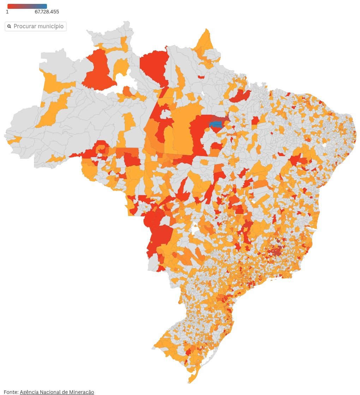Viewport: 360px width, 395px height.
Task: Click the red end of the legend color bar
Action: point(11,6)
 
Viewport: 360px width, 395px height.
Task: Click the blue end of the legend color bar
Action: point(43,6)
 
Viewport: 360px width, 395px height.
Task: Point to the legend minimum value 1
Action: point(7,12)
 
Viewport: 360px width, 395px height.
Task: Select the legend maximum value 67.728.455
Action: point(47,12)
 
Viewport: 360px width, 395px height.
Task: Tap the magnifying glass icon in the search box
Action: point(10,26)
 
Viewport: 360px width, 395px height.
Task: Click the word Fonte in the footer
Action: point(11,392)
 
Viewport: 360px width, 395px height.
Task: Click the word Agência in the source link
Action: point(29,392)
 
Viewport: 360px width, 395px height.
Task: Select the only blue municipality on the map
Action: point(216,124)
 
